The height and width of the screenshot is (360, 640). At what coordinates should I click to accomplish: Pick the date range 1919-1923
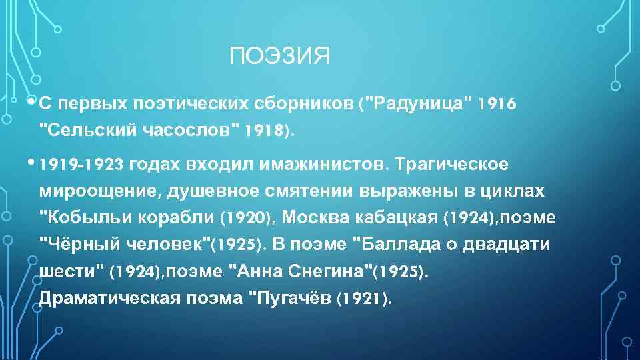point(83,164)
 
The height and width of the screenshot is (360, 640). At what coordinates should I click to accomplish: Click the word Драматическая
point(109,298)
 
